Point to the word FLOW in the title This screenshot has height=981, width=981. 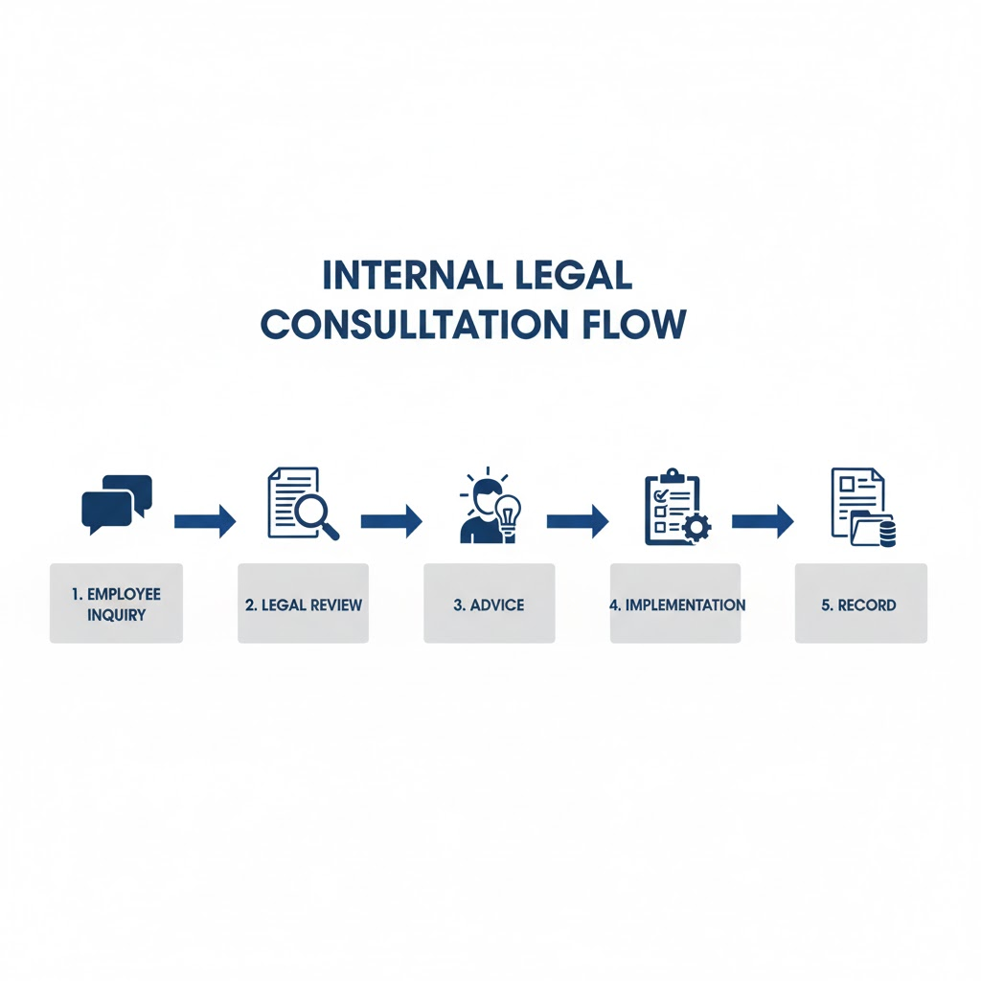[633, 325]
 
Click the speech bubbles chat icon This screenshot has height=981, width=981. [116, 504]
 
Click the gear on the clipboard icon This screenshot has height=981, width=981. [696, 527]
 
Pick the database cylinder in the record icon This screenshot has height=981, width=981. [886, 534]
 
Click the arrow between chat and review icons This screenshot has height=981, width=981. [205, 521]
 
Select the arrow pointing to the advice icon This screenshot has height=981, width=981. [391, 521]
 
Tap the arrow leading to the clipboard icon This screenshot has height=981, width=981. [578, 521]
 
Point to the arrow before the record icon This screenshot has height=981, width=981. [763, 521]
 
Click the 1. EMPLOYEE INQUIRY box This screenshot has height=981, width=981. [116, 604]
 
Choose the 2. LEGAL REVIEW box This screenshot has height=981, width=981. [303, 604]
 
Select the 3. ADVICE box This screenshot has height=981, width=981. [489, 604]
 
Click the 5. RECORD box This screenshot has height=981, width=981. [860, 604]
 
